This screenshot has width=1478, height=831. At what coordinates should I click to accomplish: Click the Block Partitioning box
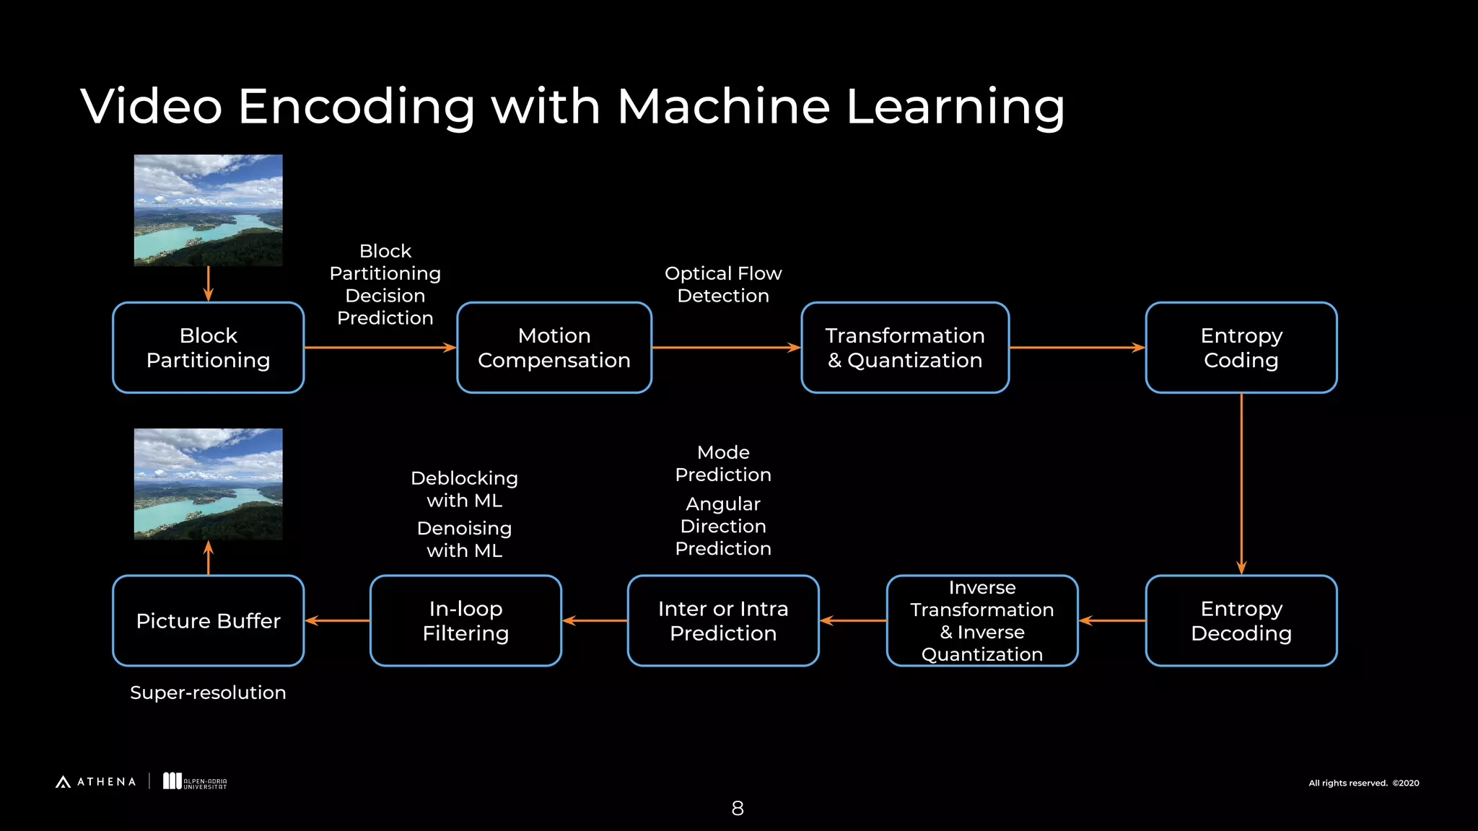coord(208,348)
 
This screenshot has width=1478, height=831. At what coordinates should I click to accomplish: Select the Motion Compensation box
coord(554,348)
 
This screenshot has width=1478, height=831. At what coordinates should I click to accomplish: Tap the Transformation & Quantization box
coord(905,348)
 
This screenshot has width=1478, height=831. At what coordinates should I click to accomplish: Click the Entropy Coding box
coord(1241,348)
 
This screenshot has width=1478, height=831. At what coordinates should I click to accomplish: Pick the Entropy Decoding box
coord(1241,620)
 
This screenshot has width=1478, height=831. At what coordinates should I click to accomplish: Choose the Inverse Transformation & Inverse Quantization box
coord(981,620)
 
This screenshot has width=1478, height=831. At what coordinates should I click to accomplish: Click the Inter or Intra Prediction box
coord(723,620)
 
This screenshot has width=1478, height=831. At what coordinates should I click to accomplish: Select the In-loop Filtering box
coord(465,620)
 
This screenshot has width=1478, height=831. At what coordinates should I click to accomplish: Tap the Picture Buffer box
coord(208,620)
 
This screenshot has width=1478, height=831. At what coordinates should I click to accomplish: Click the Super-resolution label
coord(208,692)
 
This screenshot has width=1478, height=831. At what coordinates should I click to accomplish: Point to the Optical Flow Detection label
coord(723,284)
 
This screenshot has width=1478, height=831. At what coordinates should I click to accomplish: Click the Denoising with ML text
coord(464,540)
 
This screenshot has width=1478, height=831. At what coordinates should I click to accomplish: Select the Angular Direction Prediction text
coord(723,526)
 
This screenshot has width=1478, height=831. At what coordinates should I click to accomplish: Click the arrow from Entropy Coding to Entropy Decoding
coord(1241,483)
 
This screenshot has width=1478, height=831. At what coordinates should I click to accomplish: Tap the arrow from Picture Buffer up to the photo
coord(209,558)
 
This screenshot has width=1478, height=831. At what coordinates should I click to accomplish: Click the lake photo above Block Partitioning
coord(208,210)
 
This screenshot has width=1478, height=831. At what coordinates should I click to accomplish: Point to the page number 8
coord(738,809)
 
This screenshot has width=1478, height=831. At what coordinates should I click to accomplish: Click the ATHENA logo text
coord(105,782)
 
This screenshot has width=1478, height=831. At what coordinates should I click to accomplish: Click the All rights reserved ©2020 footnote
coord(1363,783)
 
